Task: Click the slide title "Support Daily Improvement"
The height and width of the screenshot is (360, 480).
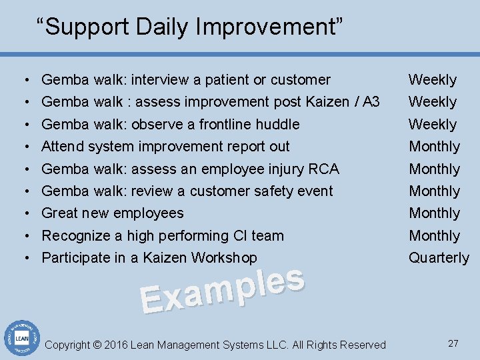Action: (189, 27)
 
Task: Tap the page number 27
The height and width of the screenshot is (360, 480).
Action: (453, 343)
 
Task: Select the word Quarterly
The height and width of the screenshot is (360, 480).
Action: (439, 258)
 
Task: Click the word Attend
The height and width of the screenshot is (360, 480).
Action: (63, 146)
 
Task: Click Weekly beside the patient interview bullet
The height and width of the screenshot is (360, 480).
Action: (432, 80)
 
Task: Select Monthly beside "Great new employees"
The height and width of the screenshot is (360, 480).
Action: (434, 213)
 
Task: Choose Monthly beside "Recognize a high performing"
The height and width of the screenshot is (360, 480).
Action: (434, 236)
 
